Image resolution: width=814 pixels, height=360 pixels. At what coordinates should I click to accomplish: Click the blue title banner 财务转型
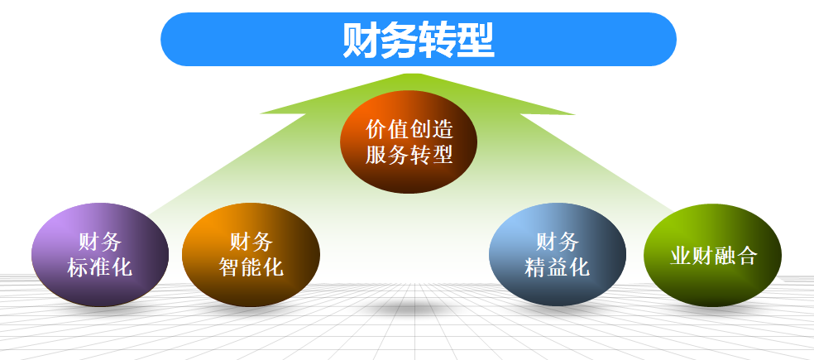point(419,40)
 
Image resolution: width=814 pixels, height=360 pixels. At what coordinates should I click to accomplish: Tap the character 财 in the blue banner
point(362,40)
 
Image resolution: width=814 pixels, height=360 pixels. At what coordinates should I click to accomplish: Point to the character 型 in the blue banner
point(476,40)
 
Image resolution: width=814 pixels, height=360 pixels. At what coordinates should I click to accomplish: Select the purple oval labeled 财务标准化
point(100,255)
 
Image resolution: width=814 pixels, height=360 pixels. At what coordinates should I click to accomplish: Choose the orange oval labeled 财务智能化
point(251,255)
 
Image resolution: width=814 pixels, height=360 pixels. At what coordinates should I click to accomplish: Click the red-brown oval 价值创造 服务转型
point(409,142)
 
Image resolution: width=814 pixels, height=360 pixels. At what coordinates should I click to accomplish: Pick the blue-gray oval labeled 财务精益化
point(558,255)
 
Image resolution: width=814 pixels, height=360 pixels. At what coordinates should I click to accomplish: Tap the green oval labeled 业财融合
point(713,255)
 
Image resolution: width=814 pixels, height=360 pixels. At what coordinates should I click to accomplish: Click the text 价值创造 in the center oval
point(409,129)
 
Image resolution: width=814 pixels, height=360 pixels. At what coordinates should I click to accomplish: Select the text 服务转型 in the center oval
point(409,155)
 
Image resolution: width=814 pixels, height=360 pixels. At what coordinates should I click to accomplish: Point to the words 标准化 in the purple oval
point(99,267)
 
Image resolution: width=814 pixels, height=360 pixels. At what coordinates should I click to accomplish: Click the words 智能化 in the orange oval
point(251,267)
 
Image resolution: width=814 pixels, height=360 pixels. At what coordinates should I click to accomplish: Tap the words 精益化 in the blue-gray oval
point(557,267)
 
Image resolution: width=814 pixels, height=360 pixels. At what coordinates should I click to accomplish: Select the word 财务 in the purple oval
point(100,242)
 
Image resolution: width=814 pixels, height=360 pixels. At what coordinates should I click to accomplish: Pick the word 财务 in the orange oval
point(251,242)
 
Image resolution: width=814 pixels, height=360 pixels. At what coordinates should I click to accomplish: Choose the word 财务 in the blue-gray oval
point(558,242)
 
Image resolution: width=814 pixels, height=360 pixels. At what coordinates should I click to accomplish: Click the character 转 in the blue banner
point(438,40)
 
